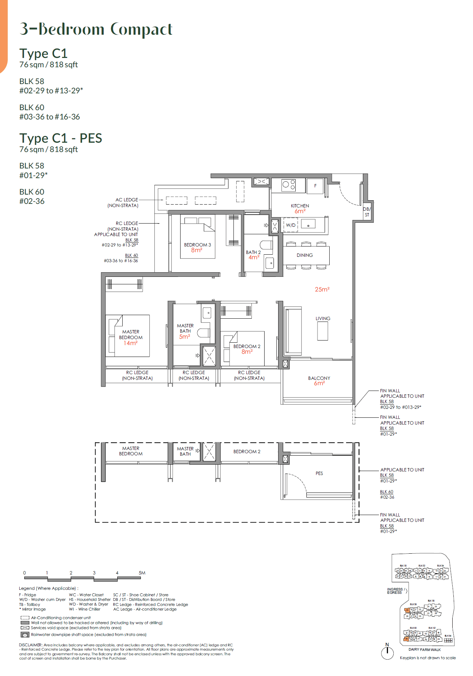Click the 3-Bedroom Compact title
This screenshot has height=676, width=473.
coord(96,29)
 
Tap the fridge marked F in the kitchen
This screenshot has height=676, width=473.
coord(315,186)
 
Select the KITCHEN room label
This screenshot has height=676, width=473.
coord(300,206)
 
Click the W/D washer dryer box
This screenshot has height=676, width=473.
coord(291,225)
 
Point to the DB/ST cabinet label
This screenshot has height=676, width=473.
coord(367,212)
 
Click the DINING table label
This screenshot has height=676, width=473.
coord(305,255)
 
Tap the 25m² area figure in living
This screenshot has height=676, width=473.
coord(322,289)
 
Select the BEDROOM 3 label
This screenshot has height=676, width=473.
coord(197,245)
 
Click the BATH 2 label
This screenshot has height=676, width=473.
coord(253,252)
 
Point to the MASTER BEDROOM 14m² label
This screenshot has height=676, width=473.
coord(130,337)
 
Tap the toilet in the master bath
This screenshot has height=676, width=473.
coord(204,333)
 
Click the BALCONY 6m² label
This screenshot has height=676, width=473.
coord(319,380)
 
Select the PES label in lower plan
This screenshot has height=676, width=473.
coord(319,473)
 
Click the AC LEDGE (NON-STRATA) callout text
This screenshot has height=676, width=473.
coord(123,202)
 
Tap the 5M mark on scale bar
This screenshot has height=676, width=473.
coord(142,573)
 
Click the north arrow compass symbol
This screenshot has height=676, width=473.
coord(387,652)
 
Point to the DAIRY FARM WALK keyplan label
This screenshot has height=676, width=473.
coord(424,650)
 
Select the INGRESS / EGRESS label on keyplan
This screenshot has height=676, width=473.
coord(395,591)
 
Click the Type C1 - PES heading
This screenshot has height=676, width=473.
coord(61,138)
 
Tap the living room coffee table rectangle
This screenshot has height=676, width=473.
coord(322,331)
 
